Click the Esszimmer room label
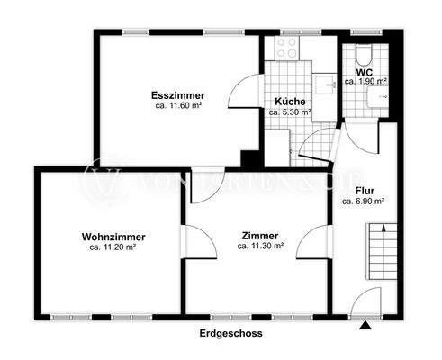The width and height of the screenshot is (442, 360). pos(178,95)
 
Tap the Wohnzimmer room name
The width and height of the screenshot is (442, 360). pos(113,237)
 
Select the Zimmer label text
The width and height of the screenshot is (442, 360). pos(260,236)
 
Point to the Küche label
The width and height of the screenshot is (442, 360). pos(290,102)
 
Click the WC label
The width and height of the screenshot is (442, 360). pos(365,73)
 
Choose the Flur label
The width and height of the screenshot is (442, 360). pos(365,191)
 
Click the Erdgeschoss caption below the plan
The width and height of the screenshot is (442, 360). pos(231,333)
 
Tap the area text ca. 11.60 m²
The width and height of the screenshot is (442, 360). pos(178,105)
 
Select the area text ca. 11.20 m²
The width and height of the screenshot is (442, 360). pos(113,247)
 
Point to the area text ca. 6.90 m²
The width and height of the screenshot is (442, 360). pos(364,202)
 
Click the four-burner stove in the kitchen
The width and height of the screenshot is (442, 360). pos(287,48)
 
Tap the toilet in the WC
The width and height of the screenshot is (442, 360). pos(365,55)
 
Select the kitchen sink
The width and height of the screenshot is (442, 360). pos(324,85)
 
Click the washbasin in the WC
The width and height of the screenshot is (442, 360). pos(378,97)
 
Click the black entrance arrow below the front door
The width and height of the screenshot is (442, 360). pos(365,325)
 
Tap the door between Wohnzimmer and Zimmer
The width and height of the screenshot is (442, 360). pos(199,241)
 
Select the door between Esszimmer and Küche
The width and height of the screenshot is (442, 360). pos(246,91)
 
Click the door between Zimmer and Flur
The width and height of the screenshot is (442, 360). pos(314,241)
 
